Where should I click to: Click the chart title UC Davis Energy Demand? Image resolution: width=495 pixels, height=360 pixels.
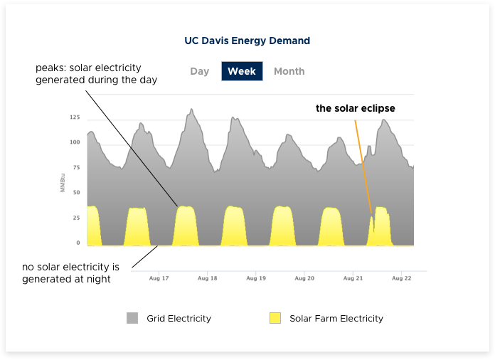coord(247,41)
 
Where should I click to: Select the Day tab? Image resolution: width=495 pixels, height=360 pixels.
coord(200,71)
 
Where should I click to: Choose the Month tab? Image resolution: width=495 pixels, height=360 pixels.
coord(289,71)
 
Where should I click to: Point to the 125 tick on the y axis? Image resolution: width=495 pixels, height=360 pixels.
coord(75,117)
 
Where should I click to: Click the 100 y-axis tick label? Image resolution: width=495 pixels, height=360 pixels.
coord(75,142)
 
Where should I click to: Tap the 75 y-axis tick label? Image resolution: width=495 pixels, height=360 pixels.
coord(76,167)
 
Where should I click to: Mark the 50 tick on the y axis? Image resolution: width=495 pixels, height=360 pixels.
coord(76,192)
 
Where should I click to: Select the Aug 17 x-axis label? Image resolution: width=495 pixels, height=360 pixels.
coord(160,278)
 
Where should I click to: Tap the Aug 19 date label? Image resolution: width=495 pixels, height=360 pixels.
coord(255,278)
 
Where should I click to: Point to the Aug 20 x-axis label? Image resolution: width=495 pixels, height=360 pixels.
coord(304,278)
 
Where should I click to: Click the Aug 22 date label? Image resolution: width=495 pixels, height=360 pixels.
coord(401,278)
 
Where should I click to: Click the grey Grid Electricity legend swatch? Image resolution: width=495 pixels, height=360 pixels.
coord(132,318)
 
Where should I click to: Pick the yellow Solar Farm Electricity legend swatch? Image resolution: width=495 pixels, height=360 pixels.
coord(275,318)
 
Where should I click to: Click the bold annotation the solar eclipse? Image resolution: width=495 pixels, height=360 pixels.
coord(356,109)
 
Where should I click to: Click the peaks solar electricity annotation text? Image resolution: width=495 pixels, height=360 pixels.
coord(96,74)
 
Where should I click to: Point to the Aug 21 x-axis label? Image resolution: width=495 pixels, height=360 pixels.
coord(353,278)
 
